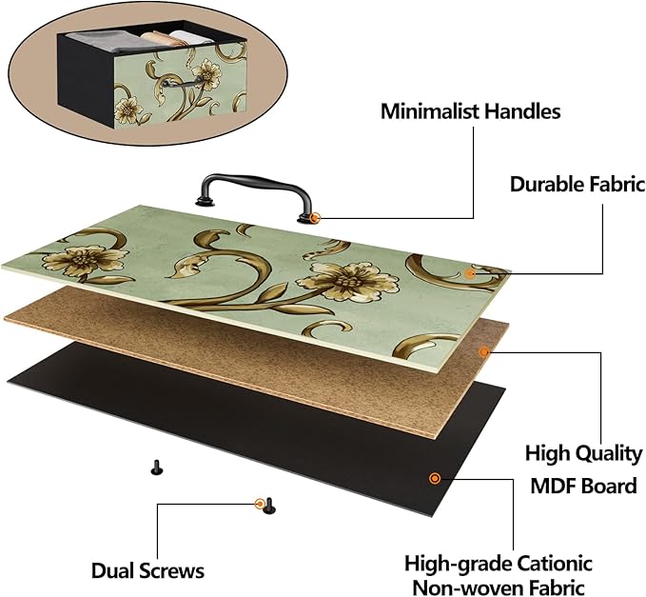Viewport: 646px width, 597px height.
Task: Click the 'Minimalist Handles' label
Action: point(471,111)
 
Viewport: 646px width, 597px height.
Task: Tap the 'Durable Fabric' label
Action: point(577,184)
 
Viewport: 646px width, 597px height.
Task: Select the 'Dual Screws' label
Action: point(147,571)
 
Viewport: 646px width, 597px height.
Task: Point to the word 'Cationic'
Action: point(555,563)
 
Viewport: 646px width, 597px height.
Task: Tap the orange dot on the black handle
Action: point(315,218)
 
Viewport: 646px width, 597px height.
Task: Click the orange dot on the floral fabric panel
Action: point(470,273)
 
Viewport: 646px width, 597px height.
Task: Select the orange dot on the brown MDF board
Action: point(484,351)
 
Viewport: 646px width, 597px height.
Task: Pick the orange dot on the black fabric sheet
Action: point(435,478)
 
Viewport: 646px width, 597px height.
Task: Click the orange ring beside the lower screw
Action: point(260,504)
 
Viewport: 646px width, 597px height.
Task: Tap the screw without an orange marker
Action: point(156,468)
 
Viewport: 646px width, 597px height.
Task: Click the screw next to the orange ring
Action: point(269,506)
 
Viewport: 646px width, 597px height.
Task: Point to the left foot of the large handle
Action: point(205,200)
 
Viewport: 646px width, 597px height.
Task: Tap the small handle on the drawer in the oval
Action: point(182,83)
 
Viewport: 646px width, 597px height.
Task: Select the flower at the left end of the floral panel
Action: point(85,261)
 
